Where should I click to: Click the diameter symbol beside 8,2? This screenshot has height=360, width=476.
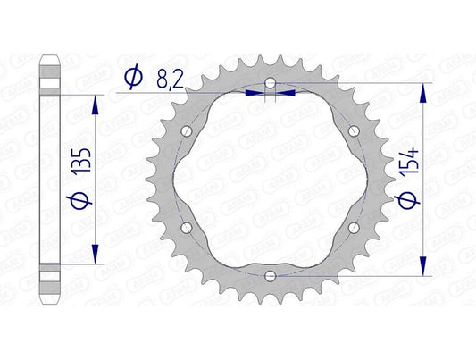132,79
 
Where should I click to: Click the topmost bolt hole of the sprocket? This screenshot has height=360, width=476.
270,85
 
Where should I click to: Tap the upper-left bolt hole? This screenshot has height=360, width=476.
188,132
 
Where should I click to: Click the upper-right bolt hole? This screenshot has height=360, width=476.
352,132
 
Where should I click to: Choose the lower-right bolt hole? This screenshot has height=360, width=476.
352,227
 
